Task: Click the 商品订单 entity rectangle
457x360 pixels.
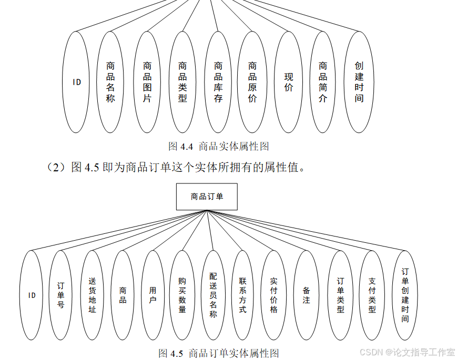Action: click(207, 197)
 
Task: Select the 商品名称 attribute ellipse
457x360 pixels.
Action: click(110, 82)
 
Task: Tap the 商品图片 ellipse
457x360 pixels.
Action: click(147, 82)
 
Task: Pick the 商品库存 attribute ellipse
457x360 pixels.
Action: click(218, 82)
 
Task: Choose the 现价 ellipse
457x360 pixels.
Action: click(289, 82)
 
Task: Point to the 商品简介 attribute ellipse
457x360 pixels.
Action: click(323, 82)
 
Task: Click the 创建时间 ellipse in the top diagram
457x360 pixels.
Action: click(359, 82)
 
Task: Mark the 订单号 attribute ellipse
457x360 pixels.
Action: click(61, 295)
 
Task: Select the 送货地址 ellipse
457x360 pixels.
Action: click(92, 295)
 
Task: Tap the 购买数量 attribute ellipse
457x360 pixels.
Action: click(182, 295)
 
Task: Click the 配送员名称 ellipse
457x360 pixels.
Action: click(213, 295)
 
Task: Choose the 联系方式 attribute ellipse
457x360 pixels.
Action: click(242, 295)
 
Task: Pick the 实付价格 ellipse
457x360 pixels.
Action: click(273, 295)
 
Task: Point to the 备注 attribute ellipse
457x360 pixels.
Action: click(307, 295)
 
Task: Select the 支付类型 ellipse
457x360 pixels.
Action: click(372, 295)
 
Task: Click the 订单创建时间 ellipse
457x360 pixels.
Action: click(405, 295)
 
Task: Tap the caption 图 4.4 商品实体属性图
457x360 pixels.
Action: click(219, 146)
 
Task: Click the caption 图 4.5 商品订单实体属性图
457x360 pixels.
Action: click(218, 353)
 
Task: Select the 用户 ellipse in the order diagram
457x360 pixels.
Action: click(153, 295)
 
